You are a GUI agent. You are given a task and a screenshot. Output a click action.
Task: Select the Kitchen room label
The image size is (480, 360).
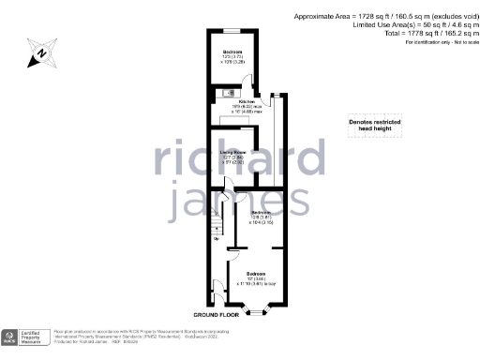247,104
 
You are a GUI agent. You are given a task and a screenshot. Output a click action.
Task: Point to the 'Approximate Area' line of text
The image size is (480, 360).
387,16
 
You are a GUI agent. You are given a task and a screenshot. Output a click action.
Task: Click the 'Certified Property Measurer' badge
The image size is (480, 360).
24,337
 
